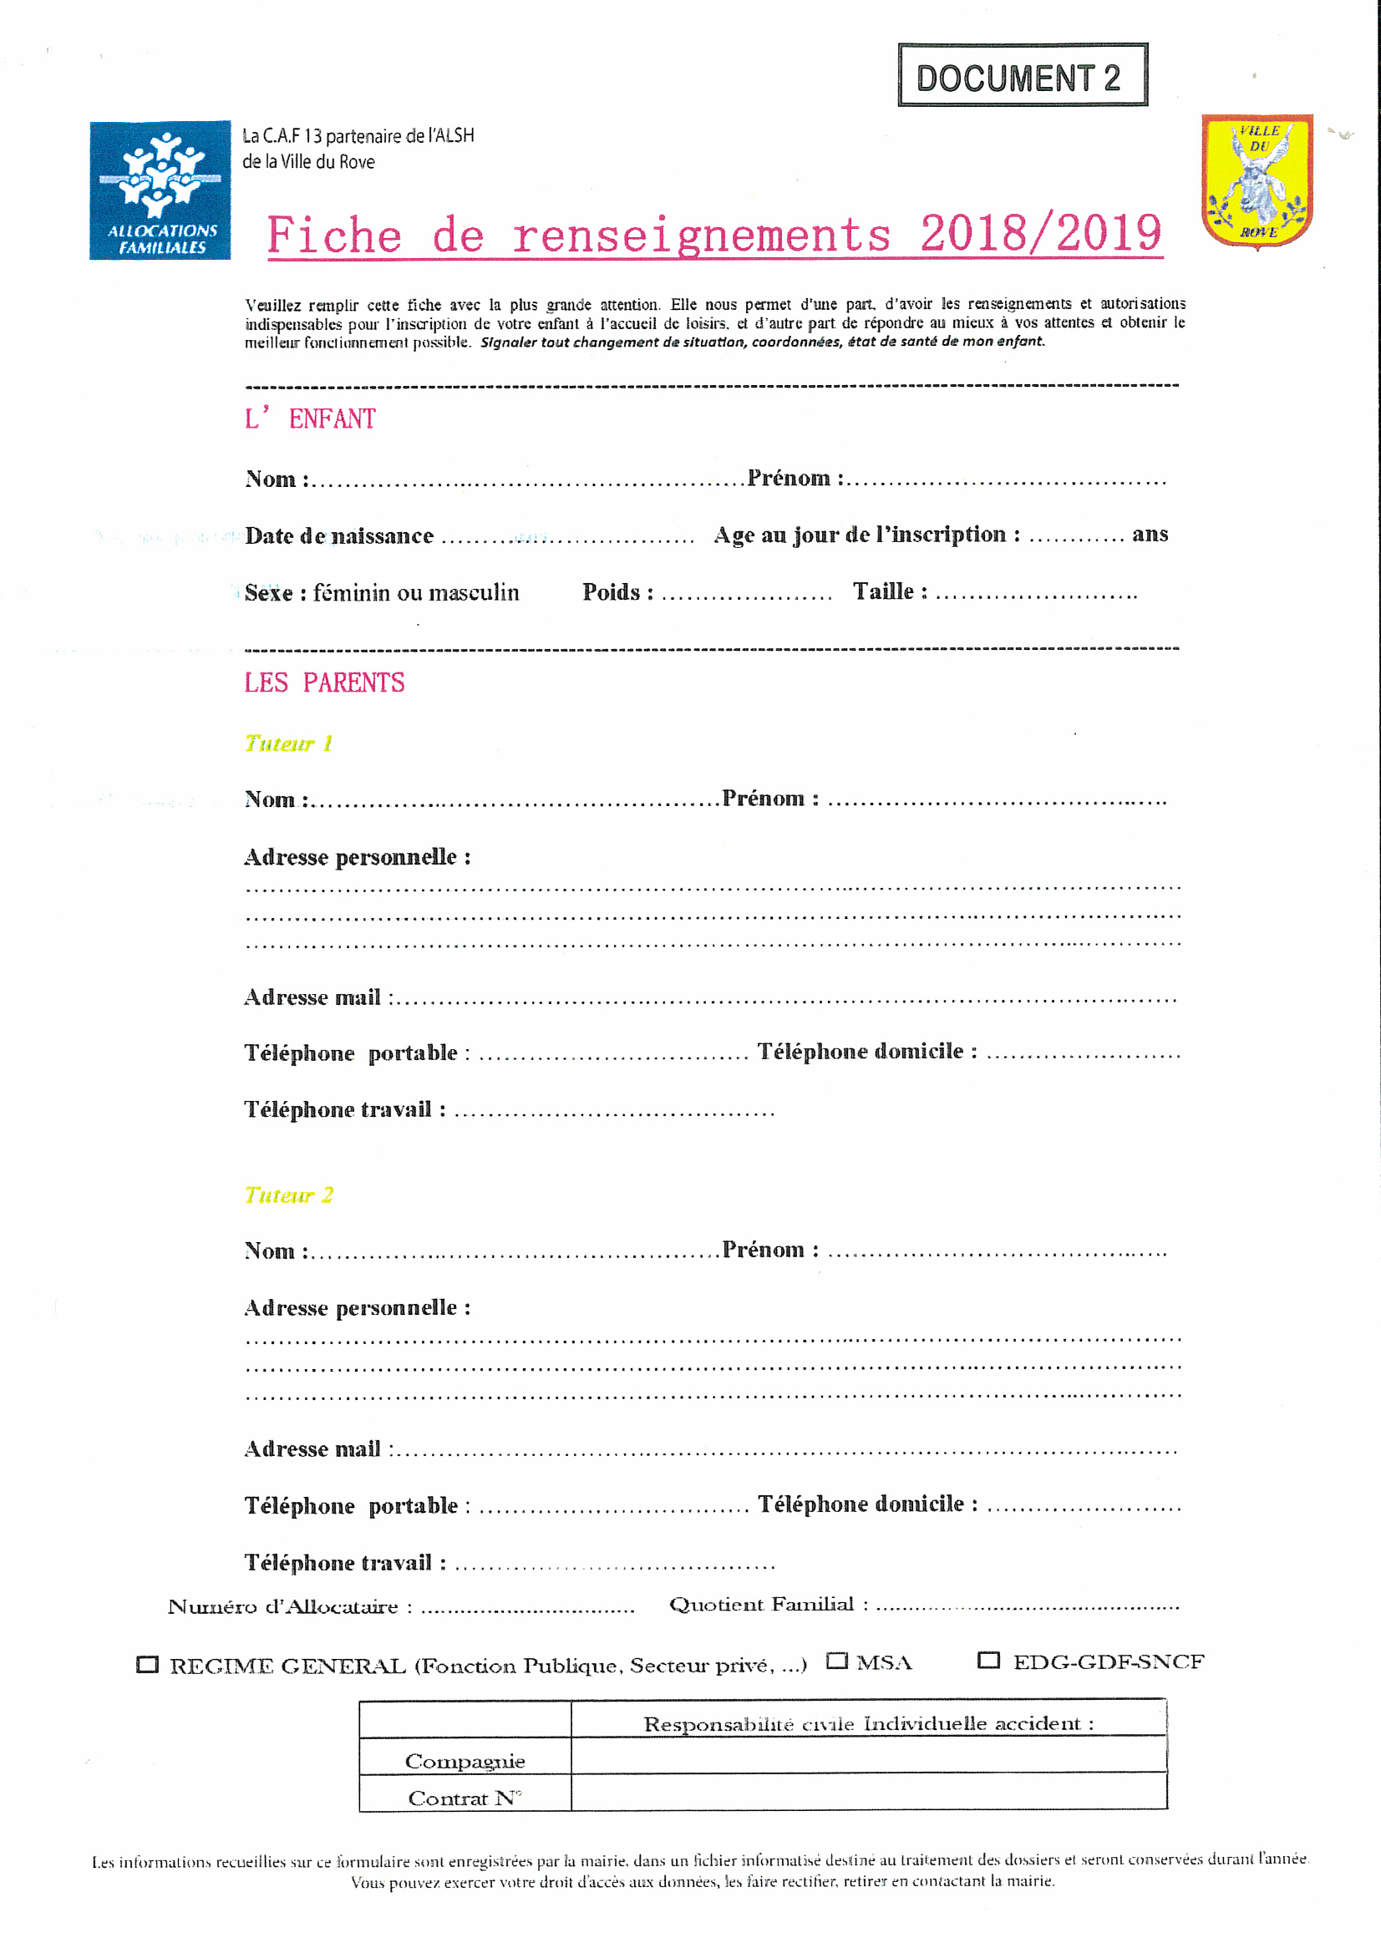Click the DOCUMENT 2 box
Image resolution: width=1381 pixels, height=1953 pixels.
pos(1022,76)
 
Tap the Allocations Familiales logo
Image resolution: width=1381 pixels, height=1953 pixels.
pos(160,190)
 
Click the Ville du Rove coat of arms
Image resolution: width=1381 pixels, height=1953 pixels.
pos(1257,180)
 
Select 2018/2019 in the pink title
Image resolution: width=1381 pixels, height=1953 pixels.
pos(1041,234)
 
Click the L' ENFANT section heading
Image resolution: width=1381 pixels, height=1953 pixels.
pos(310,418)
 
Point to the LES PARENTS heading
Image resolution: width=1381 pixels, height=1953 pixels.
pos(324,682)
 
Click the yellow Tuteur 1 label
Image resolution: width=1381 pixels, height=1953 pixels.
pos(288,743)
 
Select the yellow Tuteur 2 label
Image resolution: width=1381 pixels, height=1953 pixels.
pos(288,1195)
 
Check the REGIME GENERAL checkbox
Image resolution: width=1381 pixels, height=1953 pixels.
pos(147,1665)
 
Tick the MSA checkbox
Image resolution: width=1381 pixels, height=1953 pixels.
pos(837,1661)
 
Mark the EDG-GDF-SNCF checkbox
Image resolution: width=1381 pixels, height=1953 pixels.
pos(988,1660)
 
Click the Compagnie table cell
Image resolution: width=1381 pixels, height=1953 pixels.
pos(465,1761)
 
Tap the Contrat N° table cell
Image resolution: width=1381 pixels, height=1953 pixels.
pos(465,1798)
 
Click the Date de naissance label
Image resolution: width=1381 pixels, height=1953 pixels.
pos(339,536)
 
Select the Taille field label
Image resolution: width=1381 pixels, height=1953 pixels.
pos(890,591)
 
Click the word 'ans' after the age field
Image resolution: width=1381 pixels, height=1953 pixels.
pos(1150,534)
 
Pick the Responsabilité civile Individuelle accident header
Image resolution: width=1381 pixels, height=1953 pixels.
pos(868,1724)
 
